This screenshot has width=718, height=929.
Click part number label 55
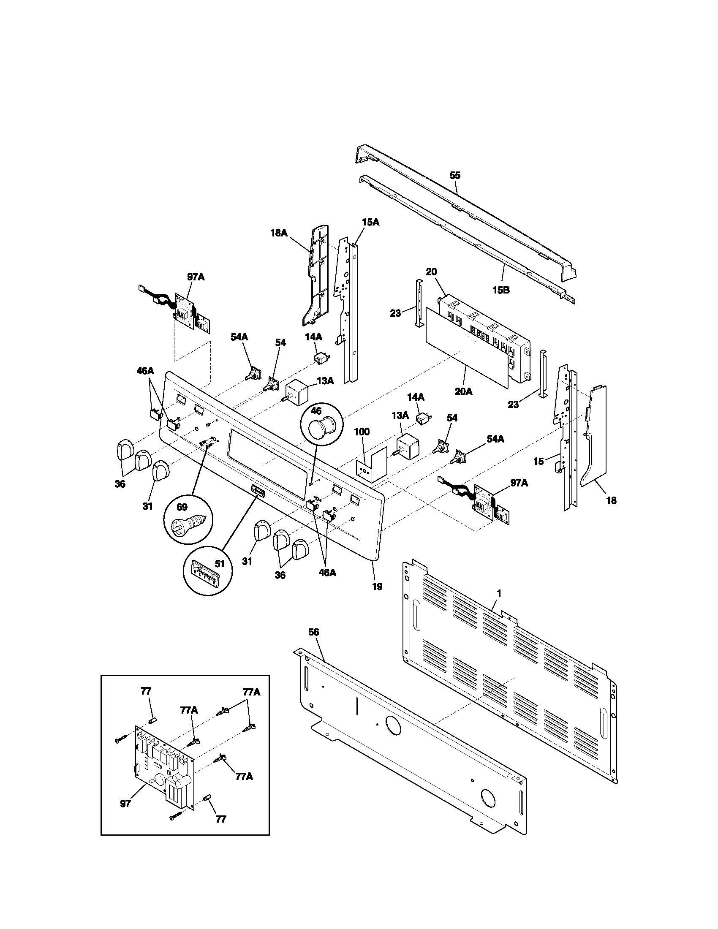tap(455, 175)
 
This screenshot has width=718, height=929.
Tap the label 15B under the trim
tap(501, 291)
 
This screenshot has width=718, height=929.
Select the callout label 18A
tap(279, 233)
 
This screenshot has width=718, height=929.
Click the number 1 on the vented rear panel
tap(499, 592)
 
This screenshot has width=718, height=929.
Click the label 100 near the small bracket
tap(362, 432)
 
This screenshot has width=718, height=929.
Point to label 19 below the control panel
tap(377, 587)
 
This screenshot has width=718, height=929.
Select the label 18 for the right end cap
tap(611, 500)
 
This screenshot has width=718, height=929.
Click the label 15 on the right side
tap(538, 461)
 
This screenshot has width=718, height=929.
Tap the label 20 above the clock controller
tap(431, 272)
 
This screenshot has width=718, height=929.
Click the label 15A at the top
tap(370, 222)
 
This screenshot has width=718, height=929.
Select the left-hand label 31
tap(147, 506)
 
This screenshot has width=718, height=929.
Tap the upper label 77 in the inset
tap(146, 691)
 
